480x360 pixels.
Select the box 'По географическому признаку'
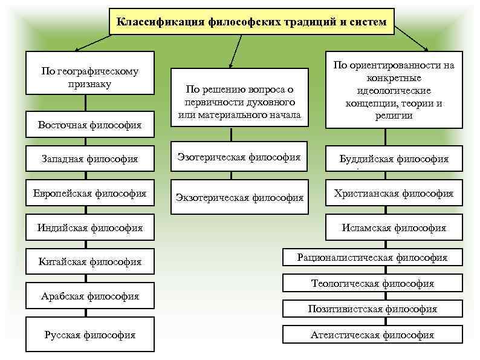pyautogui.click(x=89, y=77)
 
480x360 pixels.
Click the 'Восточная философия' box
pyautogui.click(x=89, y=125)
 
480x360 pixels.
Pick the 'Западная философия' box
pyautogui.click(x=89, y=159)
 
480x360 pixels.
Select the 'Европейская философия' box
pyautogui.click(x=89, y=194)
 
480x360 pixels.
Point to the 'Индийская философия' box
pyautogui.click(x=89, y=227)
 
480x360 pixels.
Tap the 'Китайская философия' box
pyautogui.click(x=89, y=261)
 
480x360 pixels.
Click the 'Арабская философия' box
pyautogui.click(x=89, y=296)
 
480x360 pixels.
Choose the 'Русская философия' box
pyautogui.click(x=89, y=335)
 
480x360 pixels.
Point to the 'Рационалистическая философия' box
pyautogui.click(x=372, y=258)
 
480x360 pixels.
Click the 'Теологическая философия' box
pyautogui.click(x=372, y=283)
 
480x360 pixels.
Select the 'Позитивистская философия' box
pyautogui.click(x=372, y=309)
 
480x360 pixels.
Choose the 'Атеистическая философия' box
pyautogui.click(x=372, y=335)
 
